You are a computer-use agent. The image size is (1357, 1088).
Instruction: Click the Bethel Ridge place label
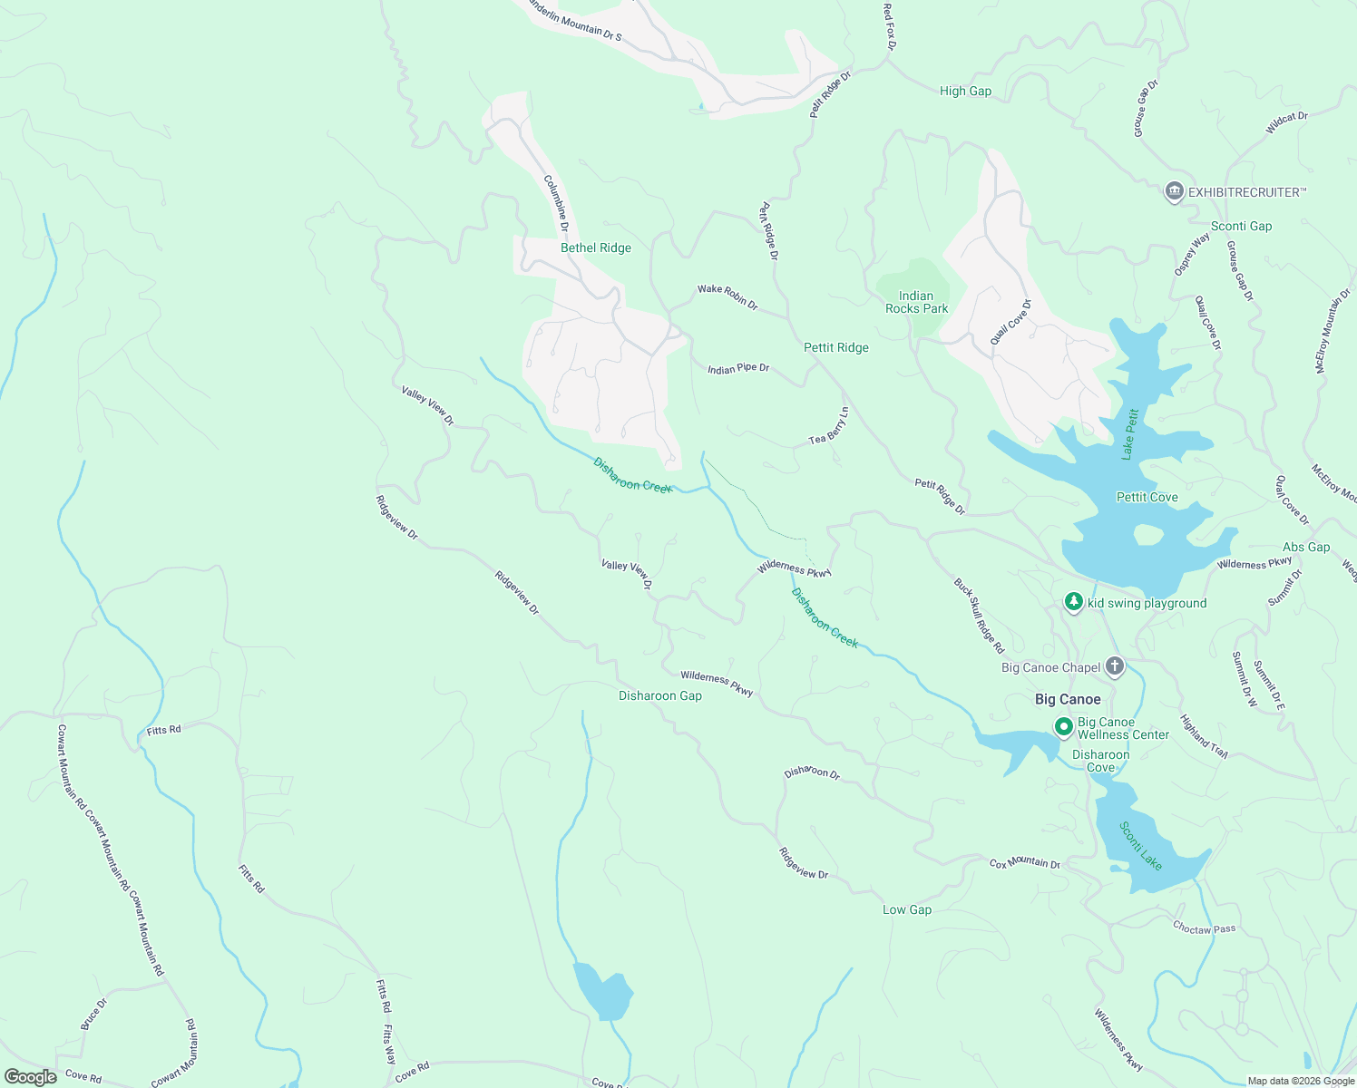595,248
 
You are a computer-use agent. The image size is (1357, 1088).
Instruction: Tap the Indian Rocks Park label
916,302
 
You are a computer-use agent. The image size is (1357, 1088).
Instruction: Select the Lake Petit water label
1129,434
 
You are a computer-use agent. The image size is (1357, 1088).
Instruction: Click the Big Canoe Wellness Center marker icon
1063,727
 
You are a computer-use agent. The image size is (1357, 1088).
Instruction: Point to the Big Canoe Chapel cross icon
1115,667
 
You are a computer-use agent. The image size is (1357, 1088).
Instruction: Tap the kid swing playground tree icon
1074,602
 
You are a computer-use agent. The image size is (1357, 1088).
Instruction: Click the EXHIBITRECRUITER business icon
1174,191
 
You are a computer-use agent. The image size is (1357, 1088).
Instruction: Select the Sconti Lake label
1140,845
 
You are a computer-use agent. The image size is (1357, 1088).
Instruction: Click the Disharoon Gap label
659,695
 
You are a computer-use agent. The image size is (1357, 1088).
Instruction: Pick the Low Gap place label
907,909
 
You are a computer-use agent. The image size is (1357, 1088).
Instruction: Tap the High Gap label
965,91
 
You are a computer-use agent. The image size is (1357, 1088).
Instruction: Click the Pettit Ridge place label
835,347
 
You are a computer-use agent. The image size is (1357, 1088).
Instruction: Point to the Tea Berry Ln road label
830,426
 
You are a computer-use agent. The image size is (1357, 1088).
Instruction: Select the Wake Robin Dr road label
727,296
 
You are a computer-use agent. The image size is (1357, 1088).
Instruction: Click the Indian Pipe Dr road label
737,368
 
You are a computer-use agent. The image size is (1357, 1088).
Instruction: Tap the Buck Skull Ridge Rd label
979,616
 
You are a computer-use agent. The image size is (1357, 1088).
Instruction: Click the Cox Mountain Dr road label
1024,863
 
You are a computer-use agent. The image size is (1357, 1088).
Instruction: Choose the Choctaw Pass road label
1204,928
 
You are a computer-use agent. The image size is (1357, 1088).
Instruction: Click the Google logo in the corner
31,1076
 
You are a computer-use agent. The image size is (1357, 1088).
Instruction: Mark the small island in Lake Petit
1147,535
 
